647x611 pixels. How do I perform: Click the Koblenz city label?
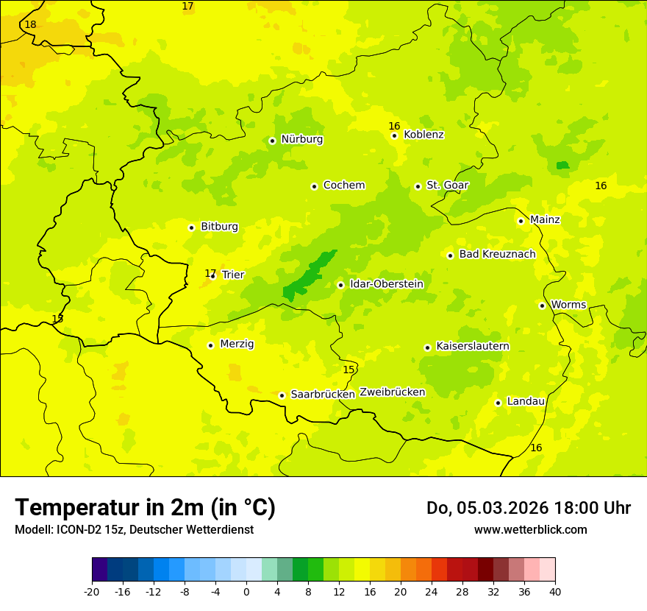(x=423, y=135)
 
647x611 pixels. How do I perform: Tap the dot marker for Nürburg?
(x=272, y=141)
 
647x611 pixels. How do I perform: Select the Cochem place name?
(x=344, y=186)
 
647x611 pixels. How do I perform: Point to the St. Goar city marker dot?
(x=418, y=186)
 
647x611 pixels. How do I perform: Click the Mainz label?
(x=545, y=219)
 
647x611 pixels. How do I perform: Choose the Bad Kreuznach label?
(x=497, y=254)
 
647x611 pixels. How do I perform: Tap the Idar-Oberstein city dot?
(x=340, y=285)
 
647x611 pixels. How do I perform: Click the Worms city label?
(x=568, y=305)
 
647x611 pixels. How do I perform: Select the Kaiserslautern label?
(x=473, y=346)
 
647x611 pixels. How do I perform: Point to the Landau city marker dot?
(x=498, y=403)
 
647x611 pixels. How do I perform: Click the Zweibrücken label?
(x=392, y=392)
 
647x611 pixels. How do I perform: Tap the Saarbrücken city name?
(x=323, y=395)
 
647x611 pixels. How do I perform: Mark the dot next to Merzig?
(x=210, y=345)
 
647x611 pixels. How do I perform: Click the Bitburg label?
(x=219, y=227)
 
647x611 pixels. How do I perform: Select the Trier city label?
(x=233, y=275)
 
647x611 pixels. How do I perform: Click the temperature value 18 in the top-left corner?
(x=30, y=25)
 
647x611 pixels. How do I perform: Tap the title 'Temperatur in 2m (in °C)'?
(x=145, y=508)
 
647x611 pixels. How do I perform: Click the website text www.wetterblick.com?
(x=530, y=529)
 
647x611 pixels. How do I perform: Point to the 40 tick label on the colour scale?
(x=555, y=591)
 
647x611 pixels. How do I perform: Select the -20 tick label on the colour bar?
(x=92, y=591)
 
